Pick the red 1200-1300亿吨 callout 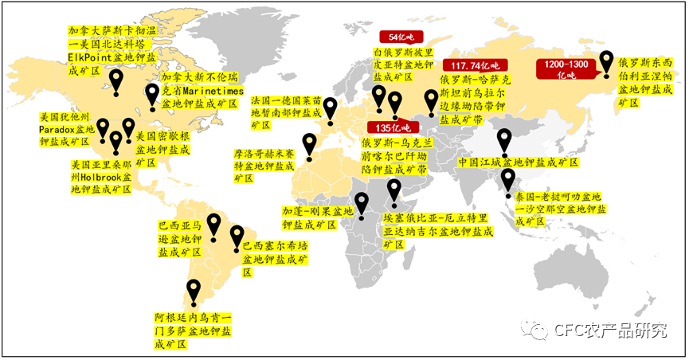pos(565,68)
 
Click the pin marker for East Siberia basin pos(607,61)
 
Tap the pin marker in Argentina pos(193,290)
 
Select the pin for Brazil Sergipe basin pos(237,235)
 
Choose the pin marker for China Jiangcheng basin pos(503,140)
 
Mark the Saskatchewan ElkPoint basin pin pos(117,79)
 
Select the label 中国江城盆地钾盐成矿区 pos(519,162)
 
